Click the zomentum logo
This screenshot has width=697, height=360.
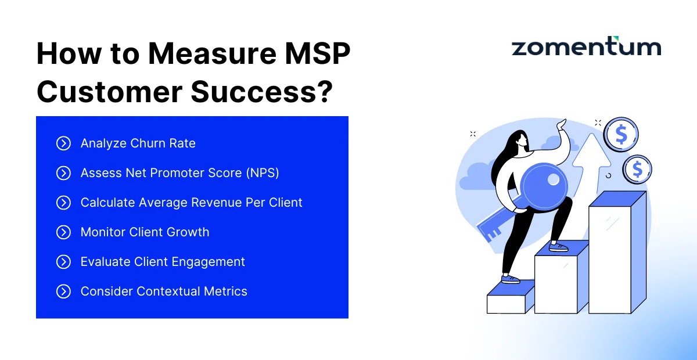(x=586, y=48)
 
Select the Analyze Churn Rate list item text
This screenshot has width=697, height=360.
(x=138, y=143)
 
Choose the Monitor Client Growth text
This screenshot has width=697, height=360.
(x=145, y=232)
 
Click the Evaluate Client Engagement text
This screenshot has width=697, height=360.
(x=163, y=262)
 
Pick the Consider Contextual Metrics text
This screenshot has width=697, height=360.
(x=164, y=291)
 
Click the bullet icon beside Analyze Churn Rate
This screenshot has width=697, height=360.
(x=63, y=143)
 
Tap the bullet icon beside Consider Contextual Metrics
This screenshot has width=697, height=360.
(x=63, y=291)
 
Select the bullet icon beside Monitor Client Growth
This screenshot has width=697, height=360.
(x=63, y=232)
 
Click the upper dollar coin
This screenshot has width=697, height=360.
(x=621, y=135)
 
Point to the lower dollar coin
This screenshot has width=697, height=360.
(x=637, y=170)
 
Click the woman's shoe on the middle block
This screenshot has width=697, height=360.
(x=558, y=247)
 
